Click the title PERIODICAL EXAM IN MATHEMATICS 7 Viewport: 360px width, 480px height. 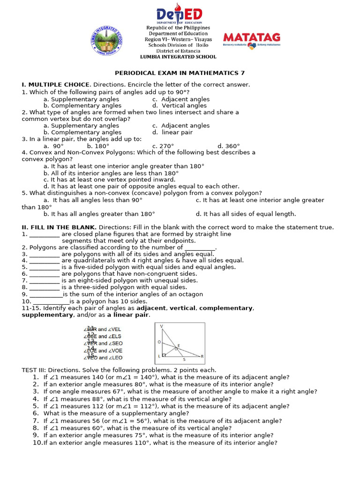(180, 73)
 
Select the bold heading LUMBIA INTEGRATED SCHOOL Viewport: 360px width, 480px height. (178, 57)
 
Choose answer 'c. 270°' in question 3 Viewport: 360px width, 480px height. (163, 146)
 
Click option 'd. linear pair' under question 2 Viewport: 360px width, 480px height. (172, 133)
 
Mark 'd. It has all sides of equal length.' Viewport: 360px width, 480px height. (246, 214)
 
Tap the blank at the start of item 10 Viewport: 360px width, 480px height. (51, 302)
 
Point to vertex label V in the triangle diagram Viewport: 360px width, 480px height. (161, 326)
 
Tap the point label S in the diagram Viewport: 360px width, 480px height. (184, 360)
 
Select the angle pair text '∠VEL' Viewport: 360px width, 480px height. (114, 329)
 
